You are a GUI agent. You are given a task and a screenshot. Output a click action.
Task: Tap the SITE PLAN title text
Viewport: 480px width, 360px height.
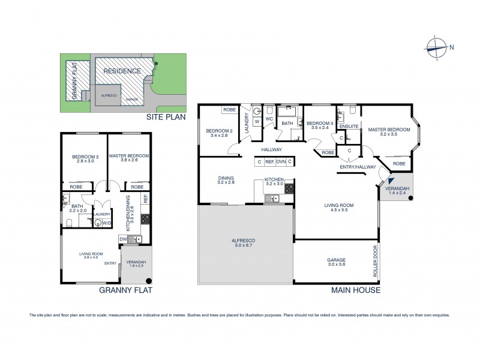tap(164, 119)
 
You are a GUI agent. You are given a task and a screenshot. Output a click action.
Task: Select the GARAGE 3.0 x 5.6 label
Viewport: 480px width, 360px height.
tap(335, 262)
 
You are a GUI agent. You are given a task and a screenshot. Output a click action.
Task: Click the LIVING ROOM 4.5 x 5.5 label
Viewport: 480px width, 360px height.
tap(339, 208)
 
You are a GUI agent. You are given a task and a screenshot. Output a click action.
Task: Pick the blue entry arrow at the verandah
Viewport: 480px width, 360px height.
tap(391, 179)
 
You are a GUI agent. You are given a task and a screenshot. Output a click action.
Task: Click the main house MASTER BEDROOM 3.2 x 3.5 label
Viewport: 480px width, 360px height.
tap(389, 132)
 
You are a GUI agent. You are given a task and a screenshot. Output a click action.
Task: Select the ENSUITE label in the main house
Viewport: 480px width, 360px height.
tap(349, 127)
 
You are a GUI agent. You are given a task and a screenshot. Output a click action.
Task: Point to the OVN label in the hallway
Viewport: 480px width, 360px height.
tap(279, 161)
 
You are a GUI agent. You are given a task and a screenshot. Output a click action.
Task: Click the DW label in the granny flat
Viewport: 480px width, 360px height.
tap(123, 239)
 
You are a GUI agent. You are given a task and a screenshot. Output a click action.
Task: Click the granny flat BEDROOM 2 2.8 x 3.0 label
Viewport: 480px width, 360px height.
tap(85, 159)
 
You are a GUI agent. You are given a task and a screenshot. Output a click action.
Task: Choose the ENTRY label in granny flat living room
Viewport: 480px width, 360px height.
tap(111, 263)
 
